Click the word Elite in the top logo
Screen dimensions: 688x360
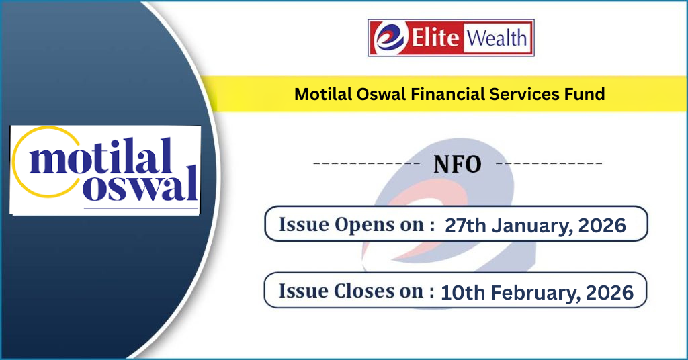click(435, 37)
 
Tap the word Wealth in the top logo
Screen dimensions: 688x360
click(497, 37)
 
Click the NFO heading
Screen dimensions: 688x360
click(458, 164)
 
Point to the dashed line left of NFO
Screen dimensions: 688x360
click(367, 163)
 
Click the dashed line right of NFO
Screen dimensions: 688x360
click(549, 163)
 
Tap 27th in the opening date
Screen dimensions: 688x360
click(466, 226)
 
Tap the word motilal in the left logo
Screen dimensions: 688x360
click(100, 156)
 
